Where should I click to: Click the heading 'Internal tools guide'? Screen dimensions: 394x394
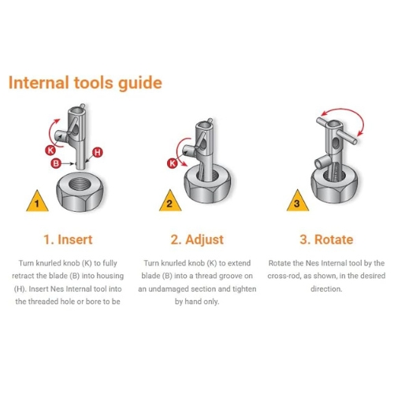tap(85, 83)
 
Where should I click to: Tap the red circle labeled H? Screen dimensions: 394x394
tap(97, 152)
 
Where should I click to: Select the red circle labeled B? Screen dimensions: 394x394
tap(56, 163)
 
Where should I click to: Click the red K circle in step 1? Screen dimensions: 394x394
tap(50, 151)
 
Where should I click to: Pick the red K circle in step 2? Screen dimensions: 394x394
tap(173, 163)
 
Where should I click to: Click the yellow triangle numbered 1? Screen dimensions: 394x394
tap(37, 201)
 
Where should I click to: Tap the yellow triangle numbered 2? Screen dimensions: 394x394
tap(170, 201)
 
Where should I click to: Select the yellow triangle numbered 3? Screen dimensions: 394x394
tap(297, 201)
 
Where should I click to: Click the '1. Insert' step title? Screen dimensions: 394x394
tap(68, 240)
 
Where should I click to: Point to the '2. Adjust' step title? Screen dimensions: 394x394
tap(197, 240)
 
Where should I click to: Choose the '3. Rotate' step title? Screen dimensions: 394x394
tap(326, 240)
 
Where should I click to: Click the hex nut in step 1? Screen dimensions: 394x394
tap(80, 191)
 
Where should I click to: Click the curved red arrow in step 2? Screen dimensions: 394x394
tap(178, 150)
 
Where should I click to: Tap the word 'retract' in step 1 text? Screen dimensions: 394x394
tap(23, 276)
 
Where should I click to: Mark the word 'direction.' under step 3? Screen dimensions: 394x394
tap(326, 289)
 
